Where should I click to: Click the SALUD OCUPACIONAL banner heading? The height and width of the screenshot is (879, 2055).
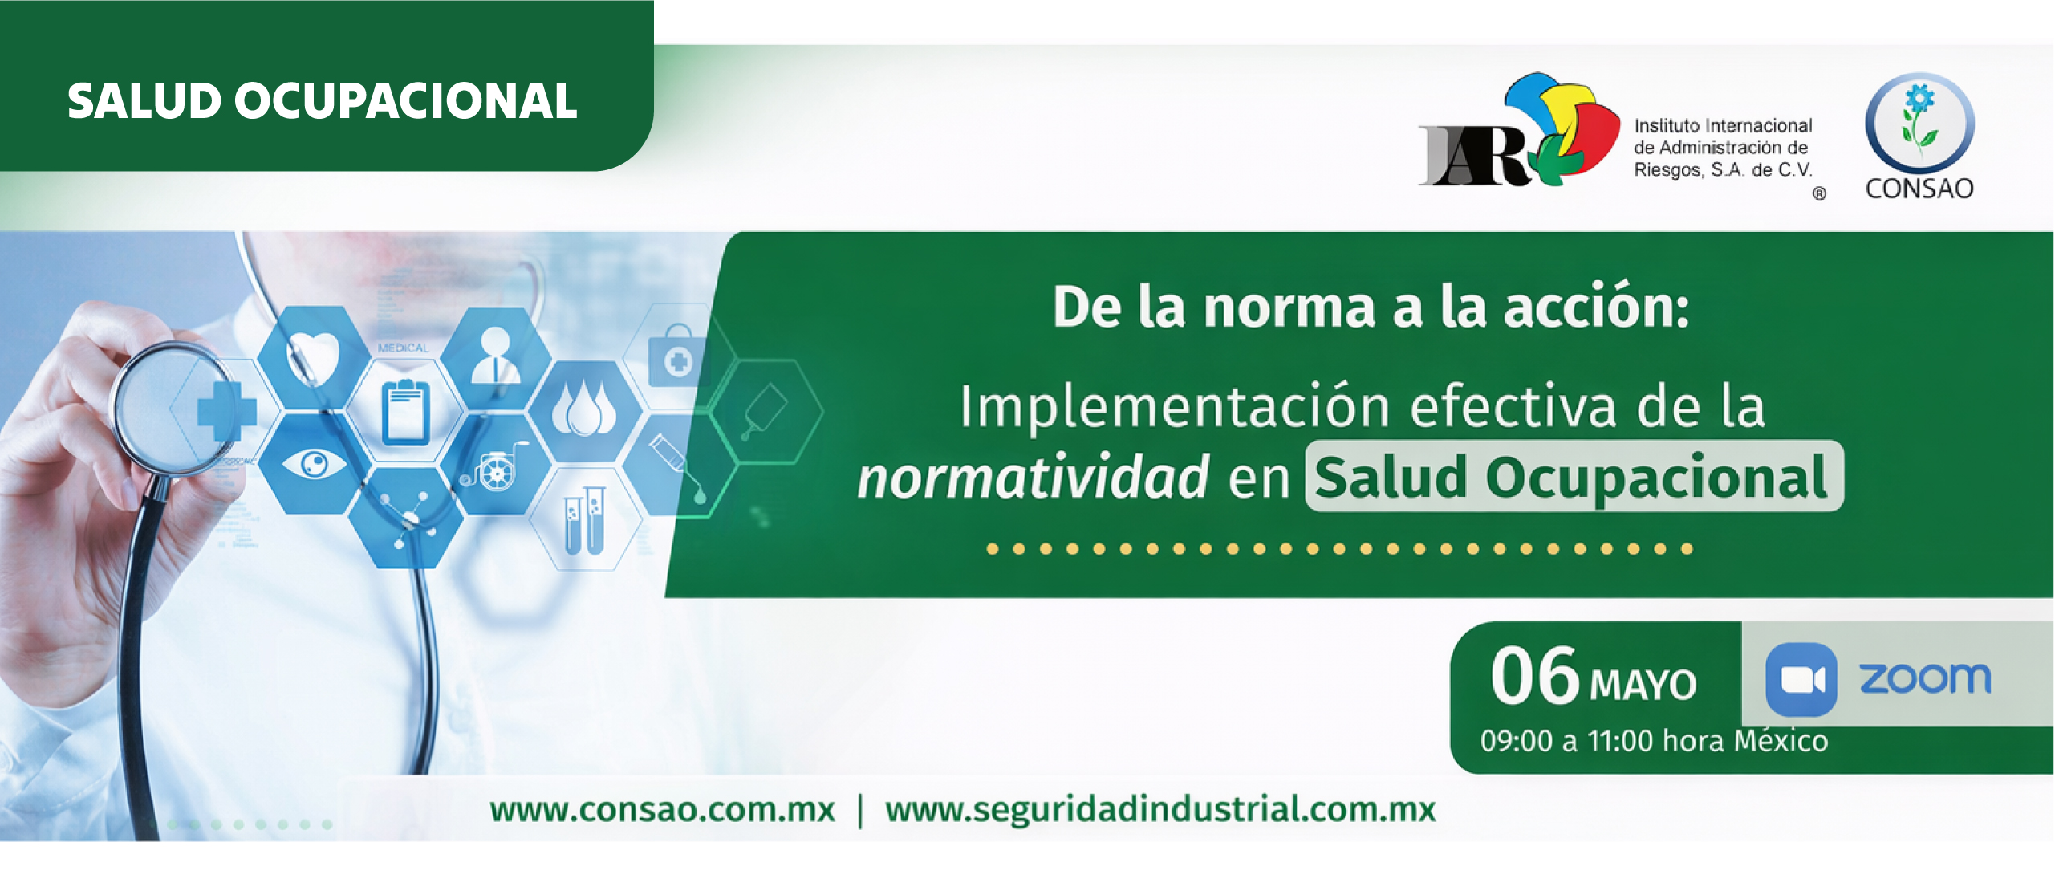point(322,101)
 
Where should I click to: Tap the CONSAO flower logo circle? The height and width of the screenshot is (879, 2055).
point(1919,123)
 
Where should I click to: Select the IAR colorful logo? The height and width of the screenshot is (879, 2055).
point(1520,130)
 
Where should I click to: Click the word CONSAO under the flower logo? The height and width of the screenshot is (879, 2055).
point(1919,189)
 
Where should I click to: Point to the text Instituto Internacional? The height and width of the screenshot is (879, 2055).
point(1723,125)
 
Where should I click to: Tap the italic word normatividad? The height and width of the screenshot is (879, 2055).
point(1033,478)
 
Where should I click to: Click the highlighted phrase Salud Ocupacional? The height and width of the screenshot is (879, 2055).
point(1574,477)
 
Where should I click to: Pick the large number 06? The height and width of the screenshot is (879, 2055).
point(1534,676)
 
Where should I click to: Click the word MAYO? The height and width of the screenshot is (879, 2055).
point(1643,685)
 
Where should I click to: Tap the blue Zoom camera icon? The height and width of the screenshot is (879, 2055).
point(1801,680)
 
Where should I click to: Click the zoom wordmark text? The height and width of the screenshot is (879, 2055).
point(1925,678)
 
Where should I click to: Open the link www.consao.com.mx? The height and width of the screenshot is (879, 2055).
point(663,809)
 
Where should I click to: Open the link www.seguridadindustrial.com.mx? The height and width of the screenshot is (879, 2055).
point(1160,810)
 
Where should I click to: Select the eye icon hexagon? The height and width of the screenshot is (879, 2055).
point(314,463)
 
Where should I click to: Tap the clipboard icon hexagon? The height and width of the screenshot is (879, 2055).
point(406,411)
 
